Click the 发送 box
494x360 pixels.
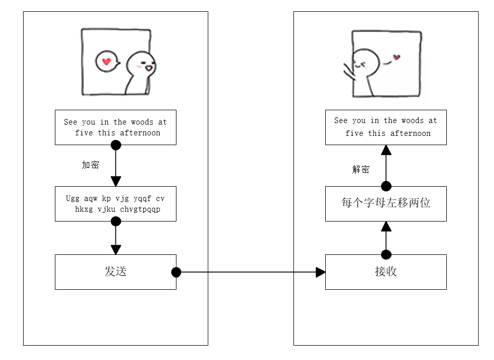pos(115,272)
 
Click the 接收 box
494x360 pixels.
pos(386,272)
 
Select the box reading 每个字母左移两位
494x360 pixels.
pos(386,203)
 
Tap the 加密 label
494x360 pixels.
pos(90,165)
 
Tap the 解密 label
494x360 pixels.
pos(361,170)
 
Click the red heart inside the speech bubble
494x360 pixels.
pos(106,62)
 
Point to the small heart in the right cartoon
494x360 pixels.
pos(396,57)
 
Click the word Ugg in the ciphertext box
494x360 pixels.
pos(73,198)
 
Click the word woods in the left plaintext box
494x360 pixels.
pos(142,122)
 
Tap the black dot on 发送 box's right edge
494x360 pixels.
pos(176,272)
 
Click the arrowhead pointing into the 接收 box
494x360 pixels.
pos(321,272)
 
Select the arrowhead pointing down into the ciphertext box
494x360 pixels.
pos(116,181)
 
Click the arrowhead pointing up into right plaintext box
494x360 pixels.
pos(386,150)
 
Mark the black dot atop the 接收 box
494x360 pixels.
pos(386,255)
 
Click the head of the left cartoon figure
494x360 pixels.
pos(141,64)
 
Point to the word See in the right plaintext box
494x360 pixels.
pos(341,121)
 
